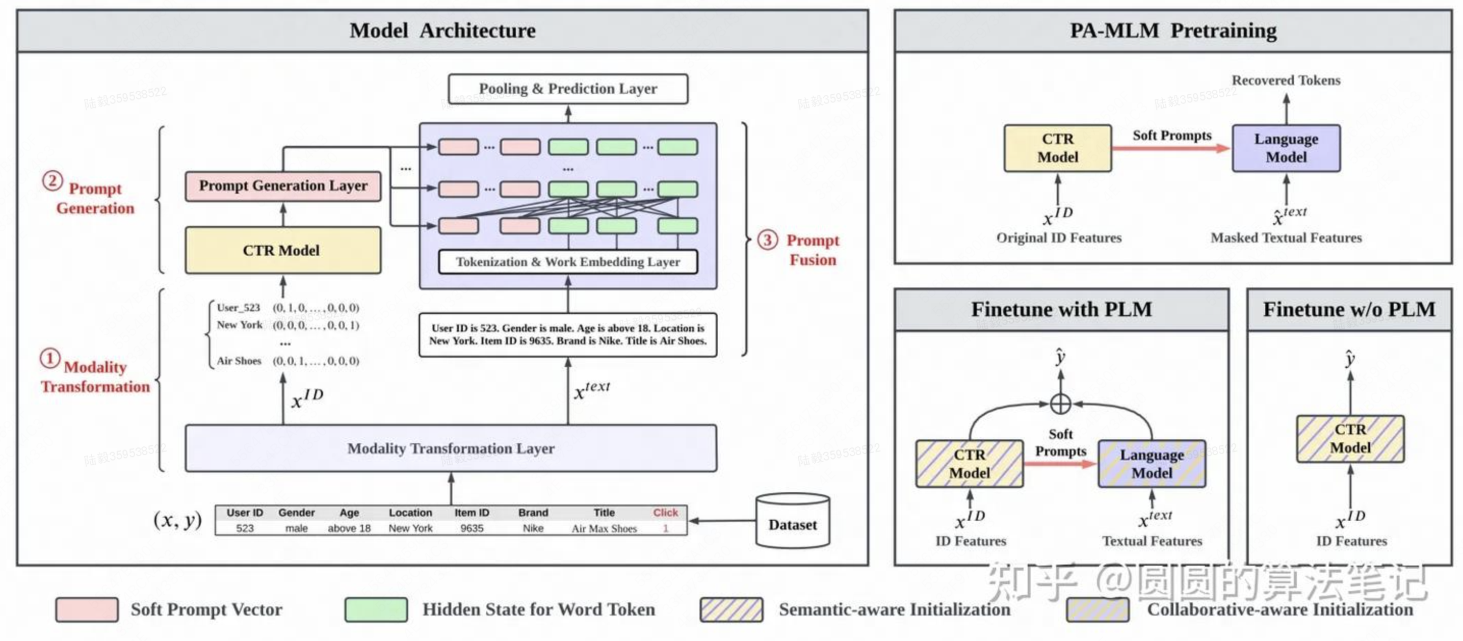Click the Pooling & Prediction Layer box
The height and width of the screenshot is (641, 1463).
(x=567, y=89)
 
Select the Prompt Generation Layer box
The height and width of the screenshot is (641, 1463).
(x=283, y=186)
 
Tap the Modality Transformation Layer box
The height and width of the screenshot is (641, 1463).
(x=451, y=448)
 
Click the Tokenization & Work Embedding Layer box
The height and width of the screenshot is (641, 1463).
(x=567, y=262)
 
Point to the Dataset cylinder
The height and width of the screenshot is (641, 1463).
(x=792, y=521)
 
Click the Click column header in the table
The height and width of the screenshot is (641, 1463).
(x=665, y=513)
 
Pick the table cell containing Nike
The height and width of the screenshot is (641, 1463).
(x=533, y=528)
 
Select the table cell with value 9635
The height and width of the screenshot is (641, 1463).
(x=472, y=528)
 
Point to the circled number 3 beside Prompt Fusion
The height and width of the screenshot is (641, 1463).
(x=767, y=240)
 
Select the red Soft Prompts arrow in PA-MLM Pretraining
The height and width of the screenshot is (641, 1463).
(x=1170, y=149)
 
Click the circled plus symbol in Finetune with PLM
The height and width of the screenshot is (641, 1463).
(x=1060, y=404)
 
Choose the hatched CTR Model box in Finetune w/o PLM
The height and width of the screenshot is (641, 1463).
(x=1350, y=439)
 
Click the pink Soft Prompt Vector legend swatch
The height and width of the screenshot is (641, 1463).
(x=87, y=610)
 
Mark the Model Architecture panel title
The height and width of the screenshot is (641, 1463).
(x=442, y=31)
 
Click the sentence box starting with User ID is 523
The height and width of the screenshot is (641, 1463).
(x=567, y=335)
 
